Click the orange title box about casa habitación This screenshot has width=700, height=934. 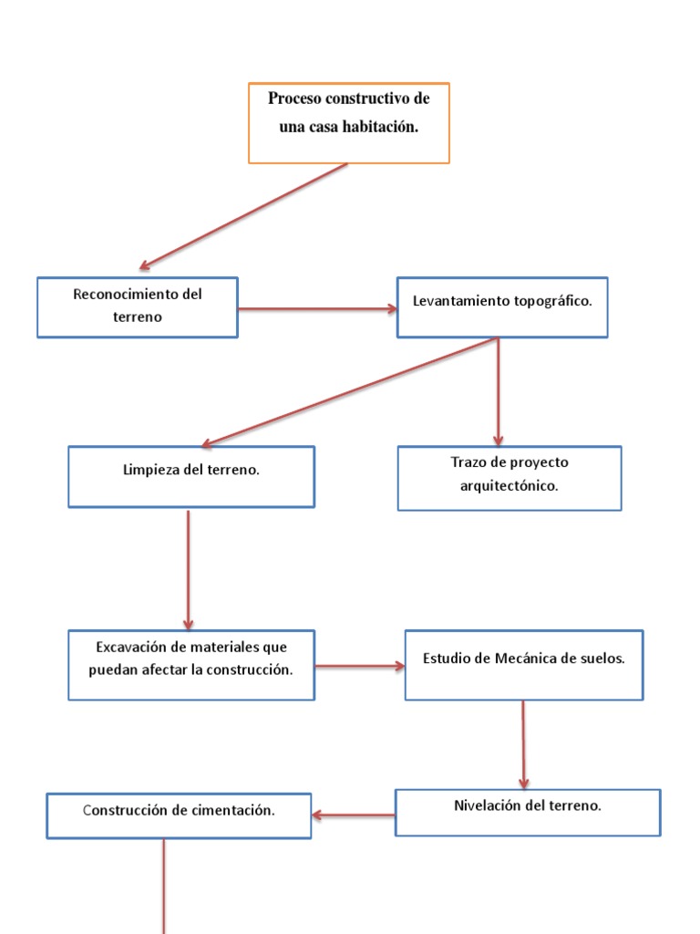[348, 123]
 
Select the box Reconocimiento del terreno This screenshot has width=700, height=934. [137, 307]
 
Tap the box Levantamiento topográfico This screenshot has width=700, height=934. [501, 307]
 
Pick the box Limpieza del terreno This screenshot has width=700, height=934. [191, 476]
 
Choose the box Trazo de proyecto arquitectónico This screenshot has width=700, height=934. [509, 478]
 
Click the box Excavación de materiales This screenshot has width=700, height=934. [191, 665]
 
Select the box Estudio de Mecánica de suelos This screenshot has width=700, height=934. [523, 665]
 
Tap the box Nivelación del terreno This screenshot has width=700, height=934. [527, 812]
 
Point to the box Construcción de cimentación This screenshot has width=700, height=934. [179, 815]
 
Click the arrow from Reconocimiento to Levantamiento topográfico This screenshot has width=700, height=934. [317, 309]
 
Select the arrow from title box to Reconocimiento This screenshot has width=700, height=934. [243, 216]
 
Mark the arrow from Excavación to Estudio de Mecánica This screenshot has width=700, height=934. [359, 667]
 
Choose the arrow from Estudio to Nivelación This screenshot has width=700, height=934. [523, 743]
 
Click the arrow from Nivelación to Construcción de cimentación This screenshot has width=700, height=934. [354, 815]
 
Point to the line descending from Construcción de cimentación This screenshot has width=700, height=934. [164, 885]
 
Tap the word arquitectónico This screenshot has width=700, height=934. [509, 486]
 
